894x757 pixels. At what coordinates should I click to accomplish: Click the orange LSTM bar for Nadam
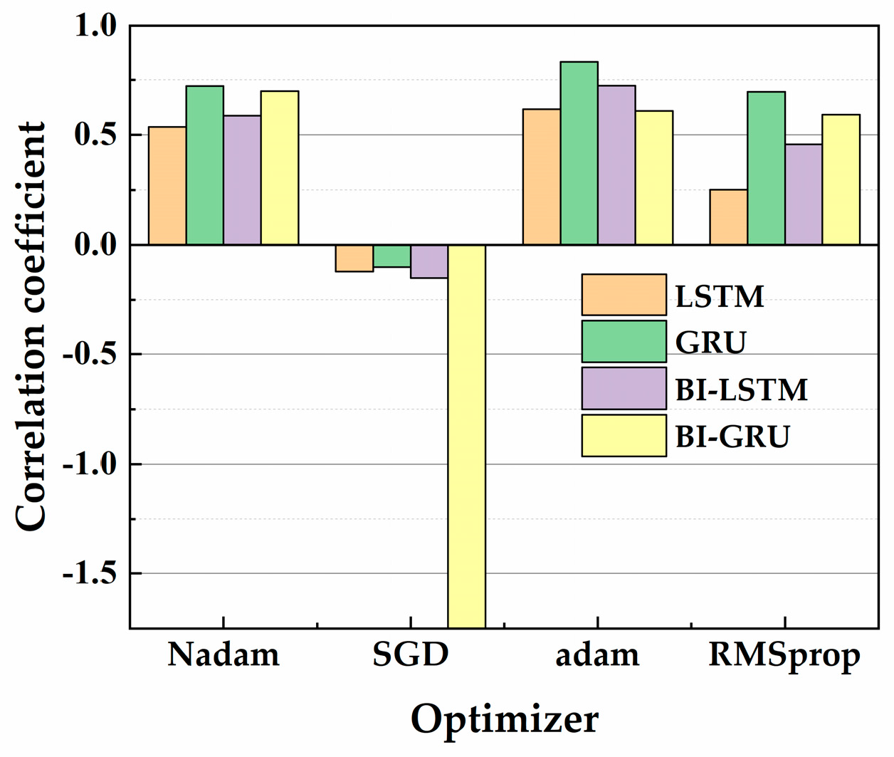[x=167, y=186]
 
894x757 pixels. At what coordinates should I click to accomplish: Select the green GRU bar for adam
[x=579, y=153]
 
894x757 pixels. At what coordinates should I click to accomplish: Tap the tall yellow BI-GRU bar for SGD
[x=466, y=436]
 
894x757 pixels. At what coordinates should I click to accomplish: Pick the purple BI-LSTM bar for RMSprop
[x=804, y=194]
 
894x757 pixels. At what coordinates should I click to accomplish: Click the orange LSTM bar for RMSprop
[x=728, y=217]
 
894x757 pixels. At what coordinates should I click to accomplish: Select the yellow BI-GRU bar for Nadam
[x=279, y=168]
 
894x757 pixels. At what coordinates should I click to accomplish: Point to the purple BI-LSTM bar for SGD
[x=429, y=261]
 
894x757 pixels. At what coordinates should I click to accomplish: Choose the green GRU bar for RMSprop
[x=766, y=168]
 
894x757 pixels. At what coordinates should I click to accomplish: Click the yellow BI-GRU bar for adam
[x=653, y=178]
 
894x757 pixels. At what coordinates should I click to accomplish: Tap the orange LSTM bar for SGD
[x=354, y=258]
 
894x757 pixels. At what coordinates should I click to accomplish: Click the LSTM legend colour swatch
[x=624, y=295]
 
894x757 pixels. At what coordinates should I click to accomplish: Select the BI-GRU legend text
[x=732, y=436]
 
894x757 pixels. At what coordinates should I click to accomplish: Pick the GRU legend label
[x=710, y=343]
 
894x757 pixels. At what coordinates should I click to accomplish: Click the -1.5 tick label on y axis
[x=89, y=573]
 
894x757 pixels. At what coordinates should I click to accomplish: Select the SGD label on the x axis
[x=411, y=654]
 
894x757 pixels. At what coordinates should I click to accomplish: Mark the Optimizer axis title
[x=504, y=719]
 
